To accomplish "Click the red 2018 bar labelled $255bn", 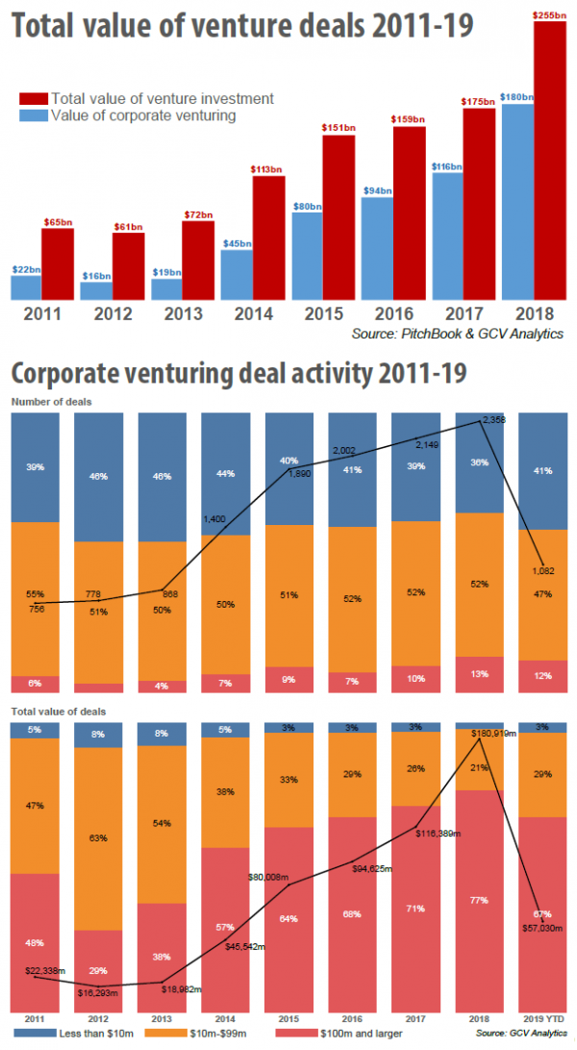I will pyautogui.click(x=549, y=159).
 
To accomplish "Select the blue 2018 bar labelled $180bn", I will pyautogui.click(x=517, y=202).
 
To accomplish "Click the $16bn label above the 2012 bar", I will pyautogui.click(x=96, y=275).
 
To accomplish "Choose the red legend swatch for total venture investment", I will pyautogui.click(x=33, y=98).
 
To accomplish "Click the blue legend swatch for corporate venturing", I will pyautogui.click(x=33, y=115).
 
